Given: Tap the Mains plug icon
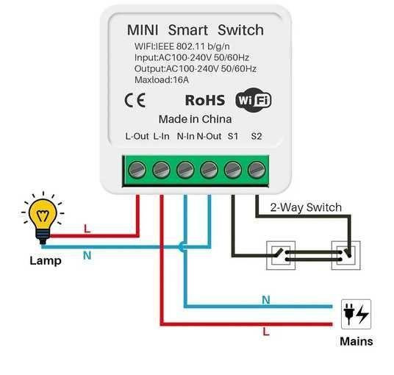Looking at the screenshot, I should coord(356,314).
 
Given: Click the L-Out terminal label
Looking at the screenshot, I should coord(137,136).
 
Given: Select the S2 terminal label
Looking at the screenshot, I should coord(256,136).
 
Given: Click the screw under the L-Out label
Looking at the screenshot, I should coord(137,170).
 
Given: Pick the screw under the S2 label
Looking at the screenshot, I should coord(256,170).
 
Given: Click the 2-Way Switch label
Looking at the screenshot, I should coord(306,207).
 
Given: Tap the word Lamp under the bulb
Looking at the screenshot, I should coord(45,260).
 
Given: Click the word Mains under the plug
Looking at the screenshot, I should coord(356,341).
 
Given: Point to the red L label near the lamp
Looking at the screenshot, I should coord(87,229).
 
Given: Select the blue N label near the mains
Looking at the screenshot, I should coord(265,299).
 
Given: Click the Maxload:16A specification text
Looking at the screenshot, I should coord(162,79).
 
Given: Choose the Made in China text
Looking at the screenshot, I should coord(195,119).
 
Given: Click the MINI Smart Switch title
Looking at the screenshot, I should coord(195,30).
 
